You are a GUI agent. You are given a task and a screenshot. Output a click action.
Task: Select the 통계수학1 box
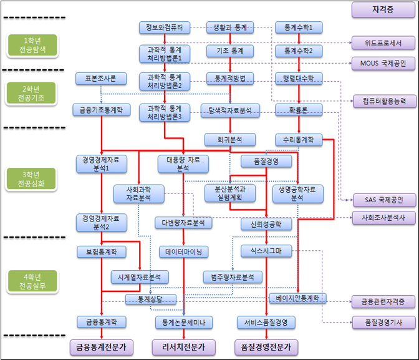(299, 27)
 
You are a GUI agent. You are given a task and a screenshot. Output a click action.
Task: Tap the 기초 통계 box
(230, 50)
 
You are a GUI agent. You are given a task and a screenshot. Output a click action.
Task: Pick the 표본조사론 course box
(97, 79)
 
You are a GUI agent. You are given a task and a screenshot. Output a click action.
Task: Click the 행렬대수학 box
(299, 79)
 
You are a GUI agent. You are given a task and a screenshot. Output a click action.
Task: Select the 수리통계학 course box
(299, 139)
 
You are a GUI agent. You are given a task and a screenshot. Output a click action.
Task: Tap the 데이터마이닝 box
(184, 251)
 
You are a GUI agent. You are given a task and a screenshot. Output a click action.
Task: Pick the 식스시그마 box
(266, 251)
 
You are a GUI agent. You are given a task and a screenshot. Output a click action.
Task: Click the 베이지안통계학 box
(297, 298)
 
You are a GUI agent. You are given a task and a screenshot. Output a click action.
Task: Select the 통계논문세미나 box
(184, 322)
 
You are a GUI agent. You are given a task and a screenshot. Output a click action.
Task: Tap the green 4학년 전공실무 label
(32, 281)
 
